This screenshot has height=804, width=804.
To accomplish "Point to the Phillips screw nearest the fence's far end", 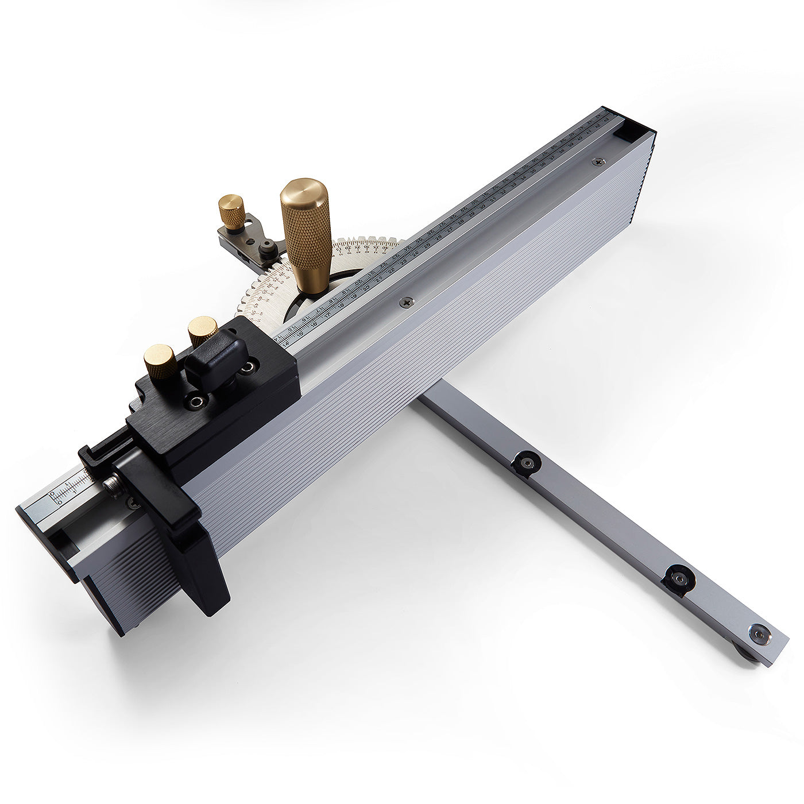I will click(x=599, y=163).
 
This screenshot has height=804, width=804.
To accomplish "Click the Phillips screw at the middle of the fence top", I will click(x=408, y=300).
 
